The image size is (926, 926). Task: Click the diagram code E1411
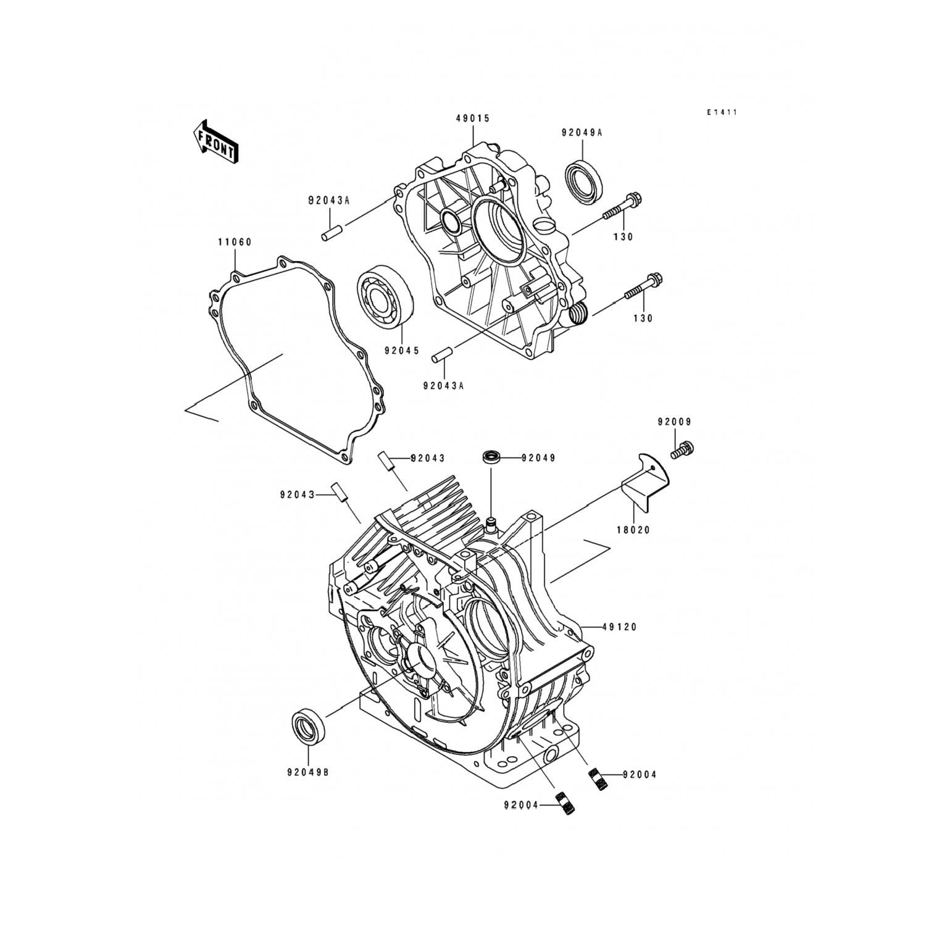[723, 112]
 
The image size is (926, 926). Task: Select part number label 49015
[473, 118]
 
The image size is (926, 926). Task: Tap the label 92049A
[581, 132]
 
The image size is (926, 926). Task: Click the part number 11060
[235, 243]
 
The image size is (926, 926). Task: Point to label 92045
[401, 351]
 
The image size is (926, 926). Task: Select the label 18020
[633, 530]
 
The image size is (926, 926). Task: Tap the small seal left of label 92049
[491, 457]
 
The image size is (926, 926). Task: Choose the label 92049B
[307, 772]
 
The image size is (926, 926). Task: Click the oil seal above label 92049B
[307, 728]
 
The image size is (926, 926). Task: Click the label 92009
[674, 422]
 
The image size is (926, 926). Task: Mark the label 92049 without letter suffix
[538, 458]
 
